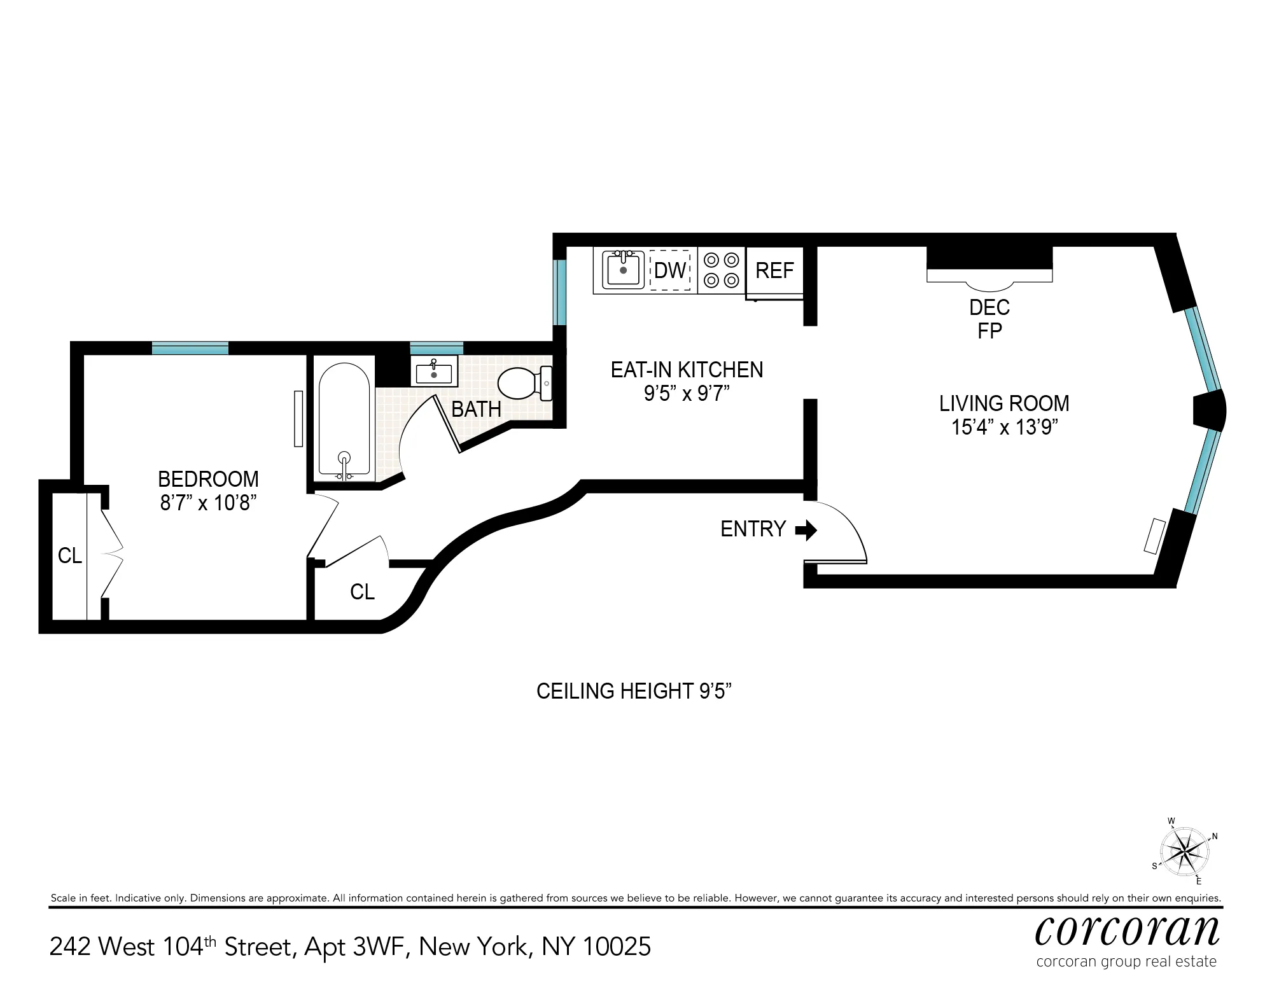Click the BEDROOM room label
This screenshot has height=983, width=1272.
[x=208, y=478]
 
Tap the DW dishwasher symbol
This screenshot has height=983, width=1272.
[x=670, y=271]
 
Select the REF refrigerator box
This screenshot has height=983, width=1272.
[x=774, y=271]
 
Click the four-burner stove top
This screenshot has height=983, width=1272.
[x=722, y=270]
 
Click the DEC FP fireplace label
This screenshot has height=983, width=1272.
[x=989, y=319]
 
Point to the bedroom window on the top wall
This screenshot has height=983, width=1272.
[x=190, y=348]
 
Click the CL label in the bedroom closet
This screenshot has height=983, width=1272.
[x=69, y=556]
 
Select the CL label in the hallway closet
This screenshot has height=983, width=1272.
[x=362, y=592]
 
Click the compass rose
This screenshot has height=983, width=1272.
[x=1184, y=851]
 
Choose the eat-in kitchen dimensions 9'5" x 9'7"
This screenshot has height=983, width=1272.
[x=686, y=394]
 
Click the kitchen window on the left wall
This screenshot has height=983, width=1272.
[x=559, y=292]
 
